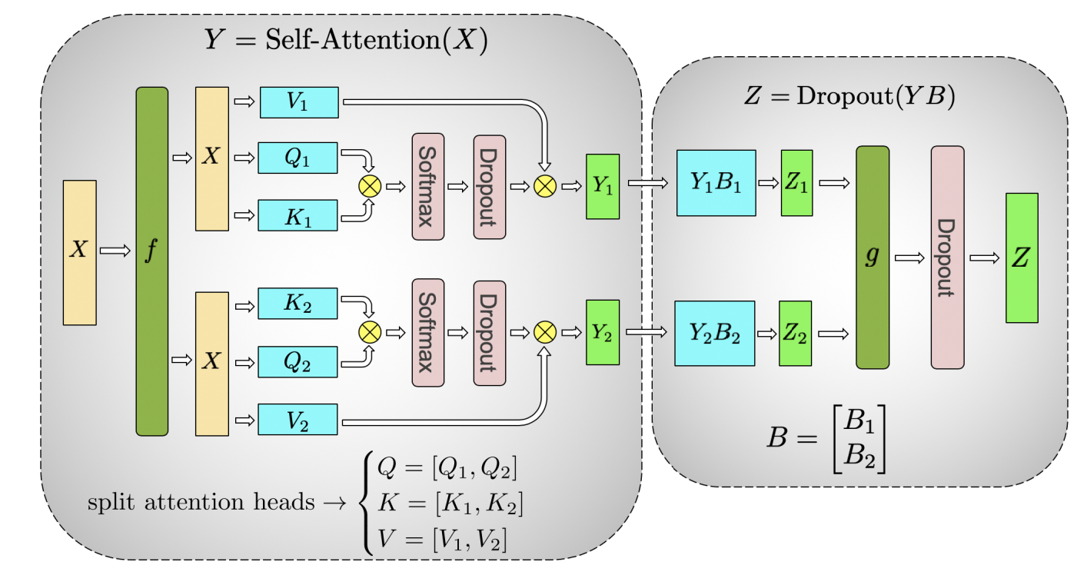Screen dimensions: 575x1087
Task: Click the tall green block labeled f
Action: click(x=151, y=261)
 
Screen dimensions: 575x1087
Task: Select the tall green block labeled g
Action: click(x=873, y=258)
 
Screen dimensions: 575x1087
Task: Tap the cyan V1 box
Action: click(x=299, y=102)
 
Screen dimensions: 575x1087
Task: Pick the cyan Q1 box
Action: click(x=298, y=158)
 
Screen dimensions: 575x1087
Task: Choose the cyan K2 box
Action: click(x=298, y=303)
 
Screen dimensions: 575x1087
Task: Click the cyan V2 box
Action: click(x=298, y=419)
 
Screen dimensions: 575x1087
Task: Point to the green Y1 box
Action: click(x=603, y=187)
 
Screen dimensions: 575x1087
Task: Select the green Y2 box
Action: click(x=603, y=332)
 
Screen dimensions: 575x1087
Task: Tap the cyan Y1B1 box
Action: click(x=716, y=183)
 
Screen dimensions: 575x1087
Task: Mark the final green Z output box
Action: click(x=1022, y=258)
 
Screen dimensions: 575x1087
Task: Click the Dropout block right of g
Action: click(x=947, y=258)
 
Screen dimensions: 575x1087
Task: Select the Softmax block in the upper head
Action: click(x=428, y=187)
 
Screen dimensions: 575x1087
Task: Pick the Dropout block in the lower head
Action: click(x=489, y=332)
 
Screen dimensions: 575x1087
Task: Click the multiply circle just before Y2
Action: click(x=544, y=332)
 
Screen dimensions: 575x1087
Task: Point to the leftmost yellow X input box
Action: click(x=79, y=252)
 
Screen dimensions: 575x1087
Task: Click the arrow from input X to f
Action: click(x=116, y=251)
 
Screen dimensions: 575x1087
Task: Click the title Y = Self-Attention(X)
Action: click(x=346, y=41)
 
